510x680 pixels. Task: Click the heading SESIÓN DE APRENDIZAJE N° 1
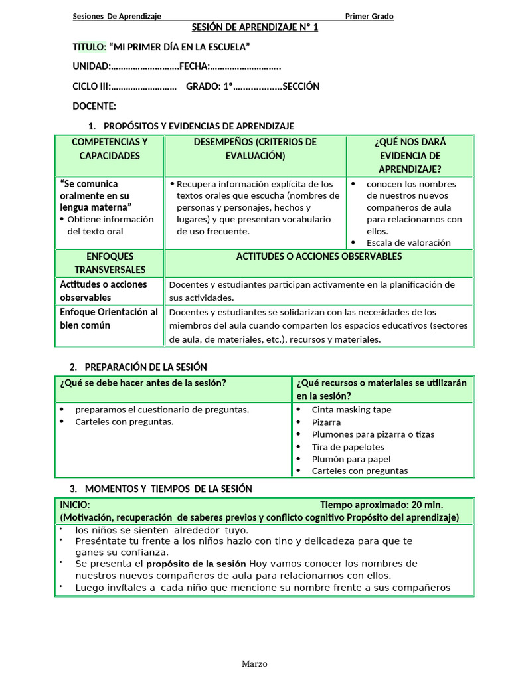(255, 27)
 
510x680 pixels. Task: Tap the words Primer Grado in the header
(369, 17)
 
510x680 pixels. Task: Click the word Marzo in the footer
(254, 663)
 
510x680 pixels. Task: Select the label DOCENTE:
(94, 106)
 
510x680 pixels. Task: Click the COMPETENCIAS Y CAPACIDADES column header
(110, 149)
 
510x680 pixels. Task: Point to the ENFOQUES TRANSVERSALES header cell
(110, 263)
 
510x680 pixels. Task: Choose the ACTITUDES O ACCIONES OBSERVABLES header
(319, 256)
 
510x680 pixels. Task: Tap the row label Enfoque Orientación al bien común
(110, 319)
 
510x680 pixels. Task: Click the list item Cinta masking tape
(351, 410)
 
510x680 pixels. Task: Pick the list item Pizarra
(326, 422)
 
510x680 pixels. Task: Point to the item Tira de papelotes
(348, 447)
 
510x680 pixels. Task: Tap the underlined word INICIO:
(75, 505)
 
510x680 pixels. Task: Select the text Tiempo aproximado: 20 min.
(381, 505)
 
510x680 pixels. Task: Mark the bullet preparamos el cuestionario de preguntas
(162, 410)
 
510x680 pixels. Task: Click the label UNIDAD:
(92, 66)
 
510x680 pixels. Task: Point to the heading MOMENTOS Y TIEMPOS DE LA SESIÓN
(169, 489)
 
